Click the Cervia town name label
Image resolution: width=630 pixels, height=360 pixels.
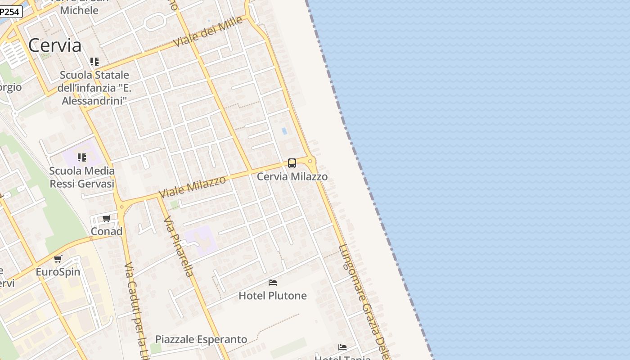(x=55, y=45)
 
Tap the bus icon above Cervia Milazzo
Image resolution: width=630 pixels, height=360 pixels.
(x=292, y=163)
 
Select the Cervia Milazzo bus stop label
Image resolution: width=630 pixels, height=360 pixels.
(x=292, y=177)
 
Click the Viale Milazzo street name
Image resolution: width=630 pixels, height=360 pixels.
(x=192, y=186)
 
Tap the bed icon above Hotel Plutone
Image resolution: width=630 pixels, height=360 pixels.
(x=273, y=283)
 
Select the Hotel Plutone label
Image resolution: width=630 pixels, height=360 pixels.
(x=273, y=296)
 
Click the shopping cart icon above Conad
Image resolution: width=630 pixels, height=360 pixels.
(x=107, y=219)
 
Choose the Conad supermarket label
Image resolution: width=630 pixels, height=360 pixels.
(x=107, y=231)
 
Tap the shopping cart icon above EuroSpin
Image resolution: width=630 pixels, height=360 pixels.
(x=58, y=259)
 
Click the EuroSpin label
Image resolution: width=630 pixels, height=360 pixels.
(x=58, y=272)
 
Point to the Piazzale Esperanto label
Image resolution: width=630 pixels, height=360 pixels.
(x=201, y=339)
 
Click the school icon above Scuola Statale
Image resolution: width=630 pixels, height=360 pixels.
(x=94, y=62)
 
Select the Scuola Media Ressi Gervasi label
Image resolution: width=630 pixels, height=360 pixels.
(x=82, y=177)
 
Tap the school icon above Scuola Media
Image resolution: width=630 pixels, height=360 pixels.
(x=81, y=157)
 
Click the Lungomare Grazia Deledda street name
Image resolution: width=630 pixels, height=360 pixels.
(x=364, y=301)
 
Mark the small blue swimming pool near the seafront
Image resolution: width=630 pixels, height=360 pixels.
(x=284, y=131)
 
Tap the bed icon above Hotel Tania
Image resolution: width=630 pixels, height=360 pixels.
(x=342, y=347)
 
